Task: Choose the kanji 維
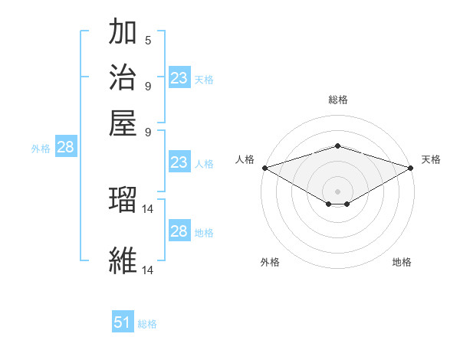(123, 260)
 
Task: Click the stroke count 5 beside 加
(147, 41)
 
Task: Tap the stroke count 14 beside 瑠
(149, 208)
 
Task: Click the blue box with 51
(123, 322)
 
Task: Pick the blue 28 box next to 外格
(65, 148)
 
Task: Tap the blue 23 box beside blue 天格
(179, 78)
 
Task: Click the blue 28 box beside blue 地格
(179, 231)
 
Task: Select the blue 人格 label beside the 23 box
(204, 164)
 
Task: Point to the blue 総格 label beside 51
(147, 324)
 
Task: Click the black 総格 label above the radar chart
(337, 100)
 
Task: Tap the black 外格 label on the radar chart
(269, 263)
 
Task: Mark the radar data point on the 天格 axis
(412, 168)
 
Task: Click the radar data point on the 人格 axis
(264, 168)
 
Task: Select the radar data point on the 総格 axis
(337, 146)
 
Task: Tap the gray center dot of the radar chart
(337, 191)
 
